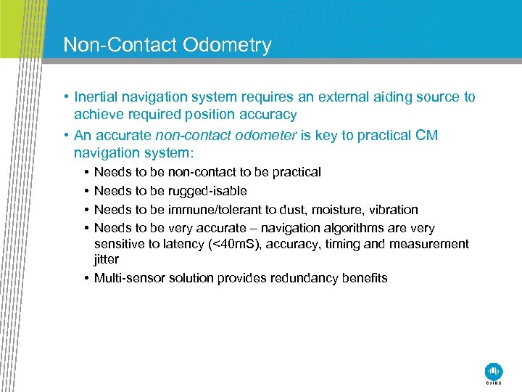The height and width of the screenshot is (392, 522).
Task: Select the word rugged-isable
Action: [x=207, y=191]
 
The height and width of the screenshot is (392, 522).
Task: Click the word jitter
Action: [x=106, y=260]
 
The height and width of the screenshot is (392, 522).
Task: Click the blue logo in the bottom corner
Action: [x=494, y=370]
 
